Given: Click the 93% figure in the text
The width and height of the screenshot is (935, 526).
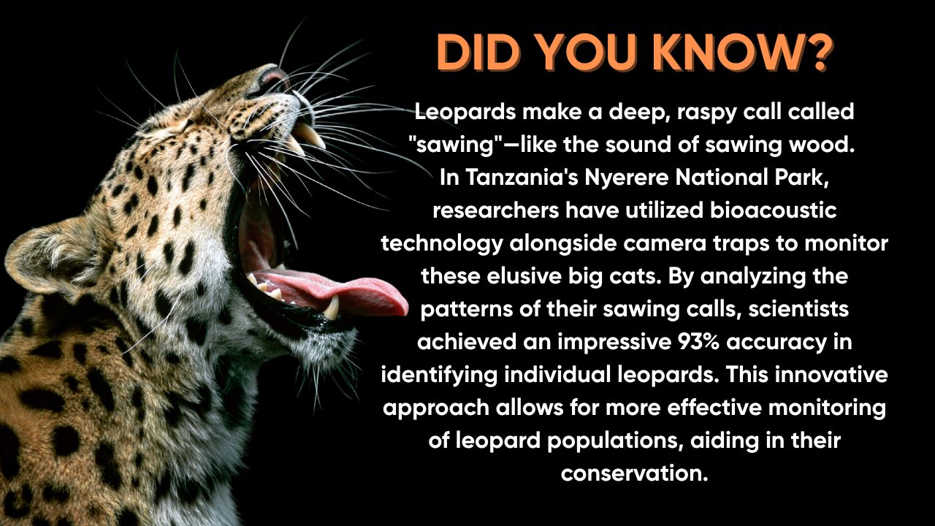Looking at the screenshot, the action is [699, 342].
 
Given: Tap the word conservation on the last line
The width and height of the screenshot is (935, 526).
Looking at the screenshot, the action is [635, 473].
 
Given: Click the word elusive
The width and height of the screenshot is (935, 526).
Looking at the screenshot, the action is [521, 276].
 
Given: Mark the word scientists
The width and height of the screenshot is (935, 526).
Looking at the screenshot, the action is [798, 309].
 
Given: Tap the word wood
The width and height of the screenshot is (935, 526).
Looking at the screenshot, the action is [820, 145].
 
